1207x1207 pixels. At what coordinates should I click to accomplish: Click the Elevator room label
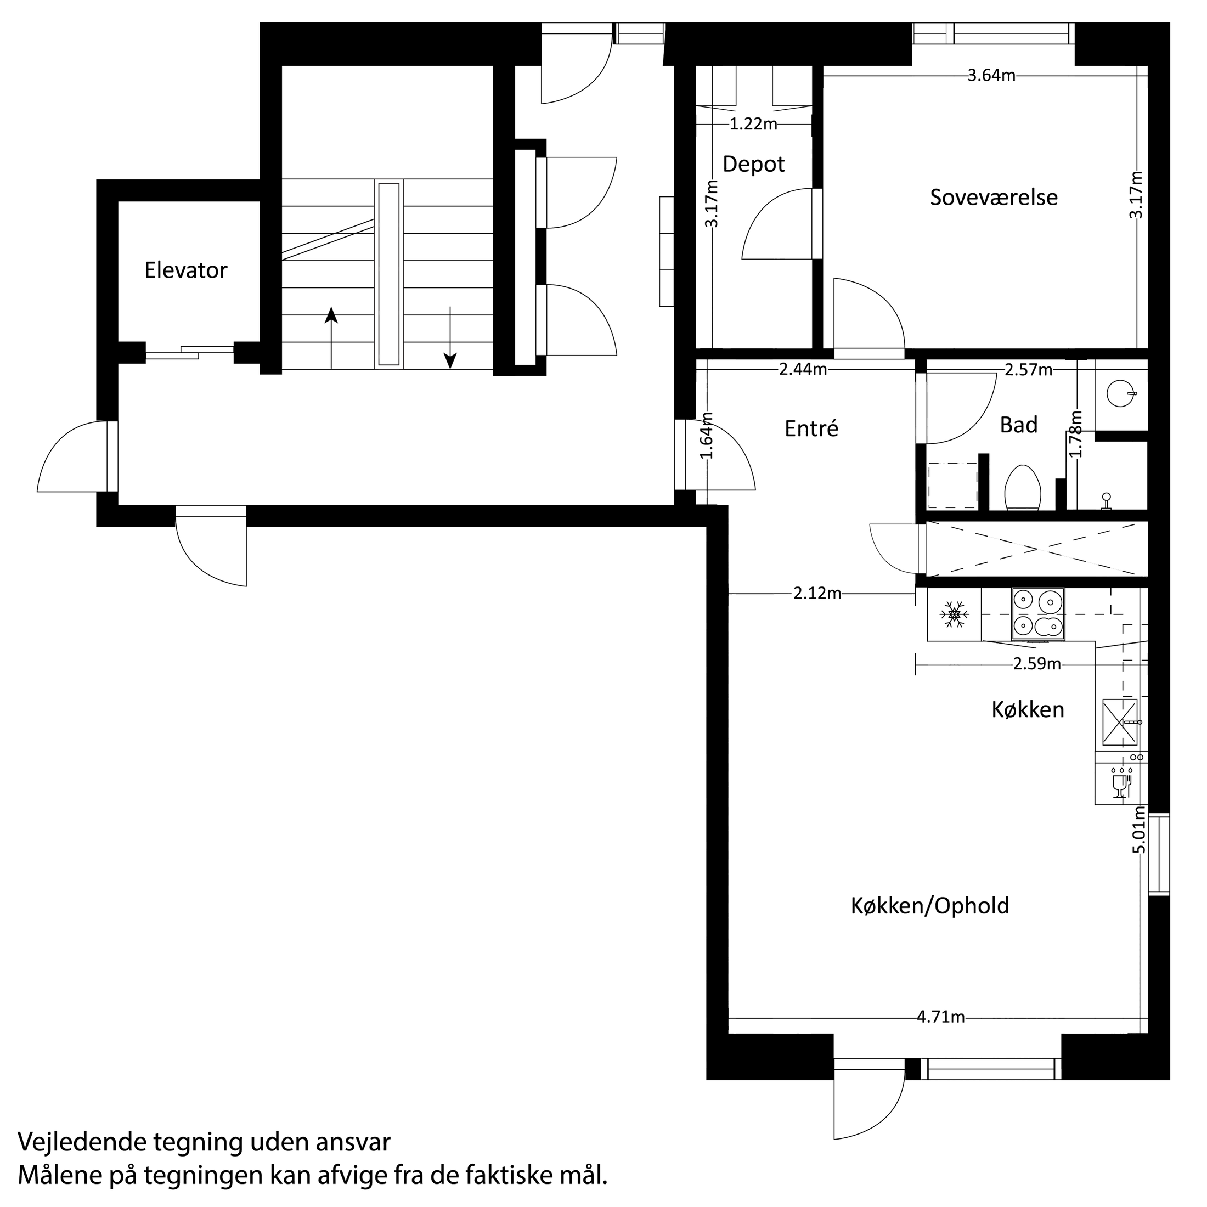tap(185, 270)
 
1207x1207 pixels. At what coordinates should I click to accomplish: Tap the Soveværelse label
tap(994, 198)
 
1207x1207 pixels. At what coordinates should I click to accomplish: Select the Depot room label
tap(753, 164)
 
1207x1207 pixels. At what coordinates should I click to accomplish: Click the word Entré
tap(811, 428)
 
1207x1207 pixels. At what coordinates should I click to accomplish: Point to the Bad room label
tap(1018, 425)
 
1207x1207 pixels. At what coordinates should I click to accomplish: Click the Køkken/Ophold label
tap(929, 906)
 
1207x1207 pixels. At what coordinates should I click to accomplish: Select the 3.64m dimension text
tap(991, 76)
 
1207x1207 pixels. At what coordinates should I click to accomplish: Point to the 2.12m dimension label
tap(817, 594)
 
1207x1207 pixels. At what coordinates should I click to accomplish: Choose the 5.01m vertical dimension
tap(1140, 830)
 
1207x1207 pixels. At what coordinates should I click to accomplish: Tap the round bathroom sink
tap(1118, 393)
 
